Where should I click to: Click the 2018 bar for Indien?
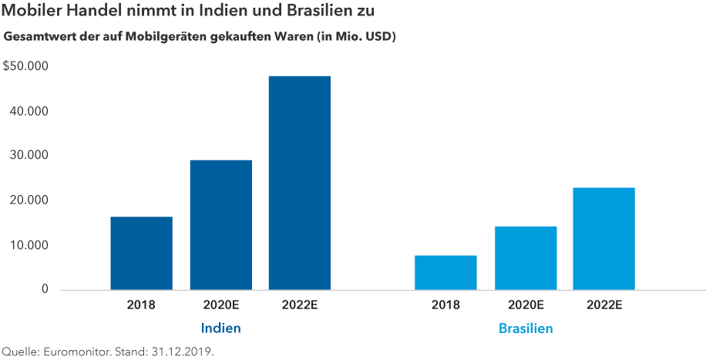[x=141, y=253]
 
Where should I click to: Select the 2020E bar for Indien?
[x=220, y=224]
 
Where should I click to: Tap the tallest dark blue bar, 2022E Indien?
[x=300, y=183]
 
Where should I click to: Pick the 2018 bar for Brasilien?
[x=445, y=272]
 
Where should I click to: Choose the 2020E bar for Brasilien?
[x=526, y=257]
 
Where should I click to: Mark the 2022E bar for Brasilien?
[x=604, y=238]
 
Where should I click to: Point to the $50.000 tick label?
[x=26, y=66]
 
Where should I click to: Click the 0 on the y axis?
[x=45, y=290]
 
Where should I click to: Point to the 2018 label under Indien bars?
[x=141, y=304]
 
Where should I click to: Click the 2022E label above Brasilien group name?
[x=604, y=304]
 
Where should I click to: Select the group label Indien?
[x=220, y=328]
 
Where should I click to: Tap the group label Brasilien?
[x=526, y=328]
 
